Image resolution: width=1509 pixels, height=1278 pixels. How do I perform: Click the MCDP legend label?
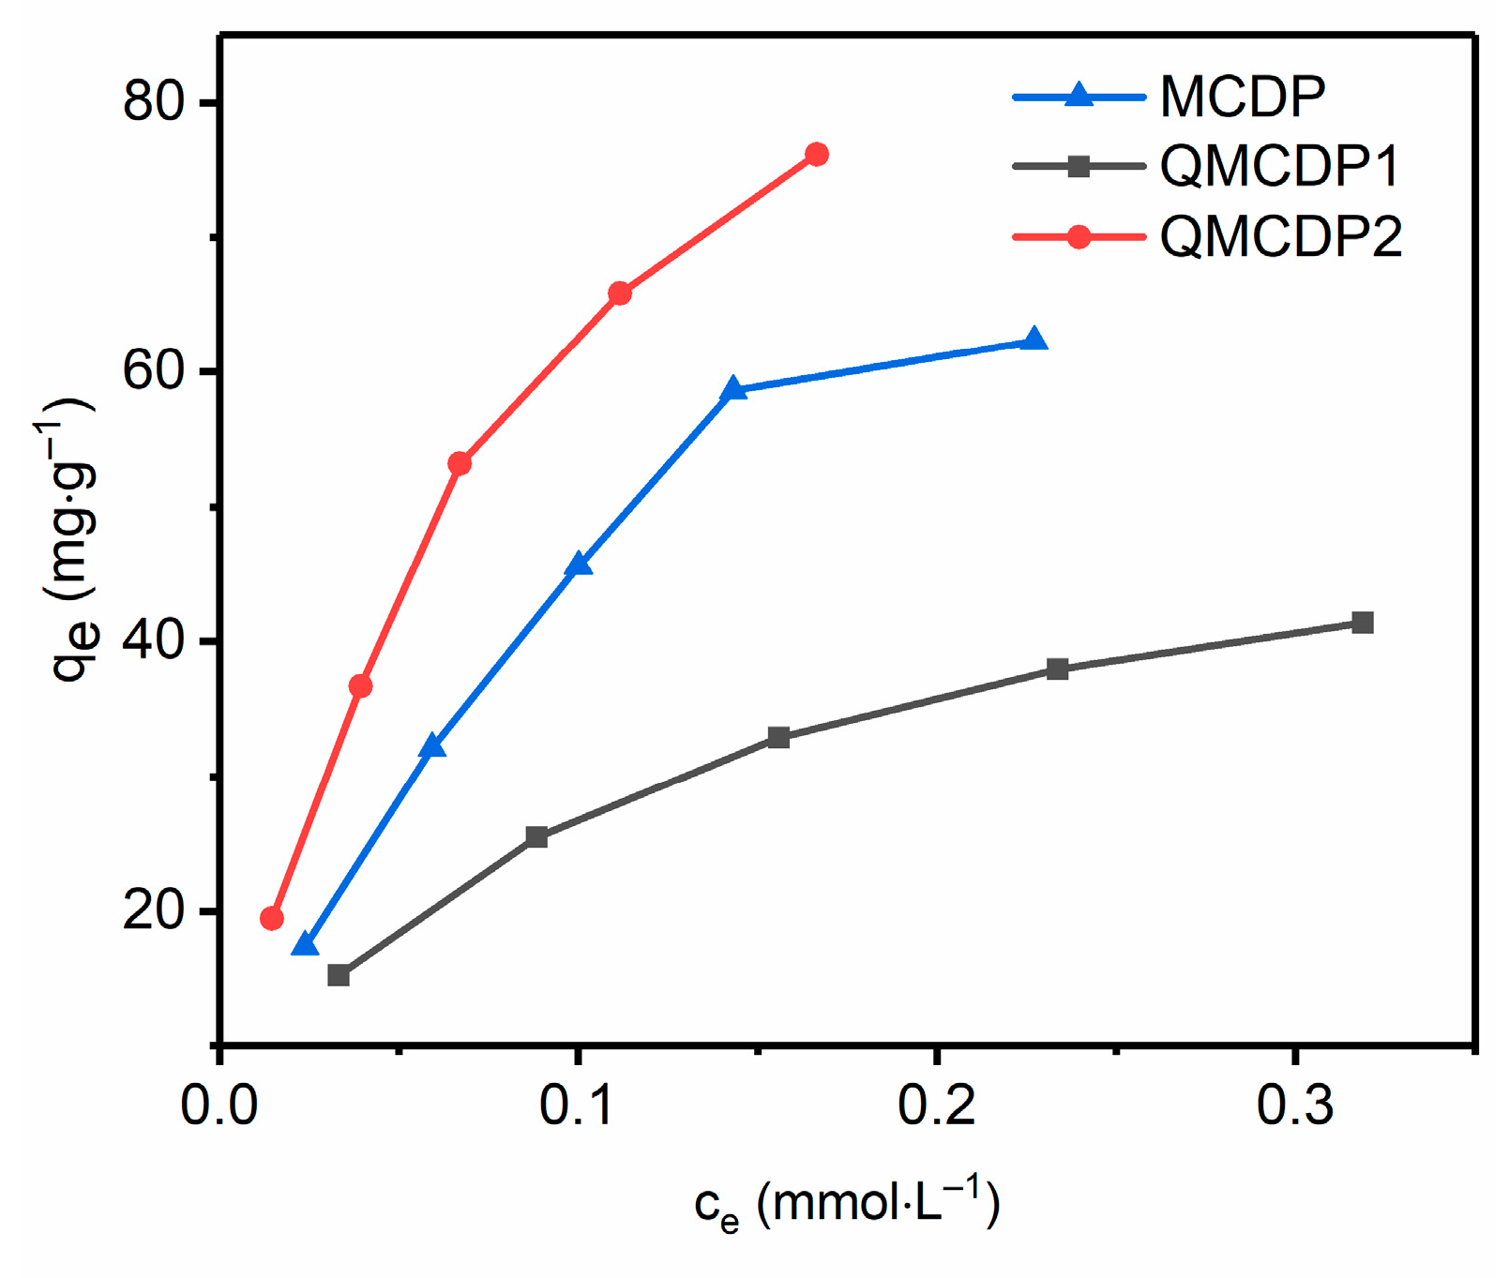[1242, 97]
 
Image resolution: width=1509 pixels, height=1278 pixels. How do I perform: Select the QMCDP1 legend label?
[1279, 167]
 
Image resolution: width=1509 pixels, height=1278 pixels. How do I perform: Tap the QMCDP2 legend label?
[1280, 237]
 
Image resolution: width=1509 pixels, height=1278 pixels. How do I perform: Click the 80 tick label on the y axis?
[156, 100]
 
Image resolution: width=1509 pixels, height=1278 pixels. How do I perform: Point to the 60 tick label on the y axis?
[156, 371]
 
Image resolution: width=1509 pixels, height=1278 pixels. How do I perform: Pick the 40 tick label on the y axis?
[156, 641]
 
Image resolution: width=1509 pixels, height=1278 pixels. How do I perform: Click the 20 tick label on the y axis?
[156, 910]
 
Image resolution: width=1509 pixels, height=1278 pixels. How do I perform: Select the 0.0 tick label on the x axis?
[219, 1105]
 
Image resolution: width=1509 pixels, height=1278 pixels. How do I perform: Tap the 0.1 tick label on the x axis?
[578, 1105]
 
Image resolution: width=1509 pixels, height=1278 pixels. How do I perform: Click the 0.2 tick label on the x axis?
[936, 1105]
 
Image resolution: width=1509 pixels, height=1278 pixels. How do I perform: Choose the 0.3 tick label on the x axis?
[1294, 1105]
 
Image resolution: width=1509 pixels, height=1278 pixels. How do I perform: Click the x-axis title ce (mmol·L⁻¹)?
[847, 1205]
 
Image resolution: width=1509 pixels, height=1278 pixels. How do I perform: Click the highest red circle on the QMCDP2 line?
[817, 155]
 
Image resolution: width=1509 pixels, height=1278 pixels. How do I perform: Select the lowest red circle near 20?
[272, 918]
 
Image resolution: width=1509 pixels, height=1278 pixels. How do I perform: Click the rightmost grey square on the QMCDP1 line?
[1363, 623]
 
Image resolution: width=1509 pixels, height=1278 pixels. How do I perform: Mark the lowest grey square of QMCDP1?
[339, 975]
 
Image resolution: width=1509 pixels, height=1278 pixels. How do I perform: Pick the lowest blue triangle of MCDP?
[306, 945]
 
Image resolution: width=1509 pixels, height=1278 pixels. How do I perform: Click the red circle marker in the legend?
[1079, 237]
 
